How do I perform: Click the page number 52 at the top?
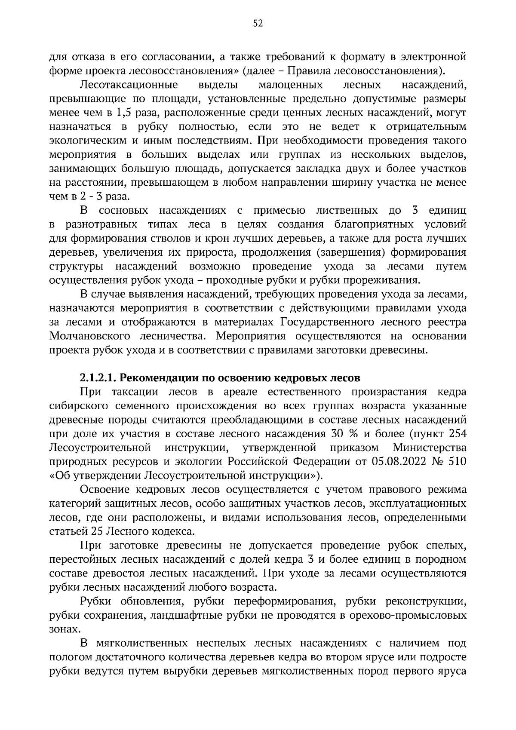pos(258,24)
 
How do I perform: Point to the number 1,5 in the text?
pos(123,113)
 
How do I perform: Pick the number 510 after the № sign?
pos(457,462)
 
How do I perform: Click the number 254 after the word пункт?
pos(457,434)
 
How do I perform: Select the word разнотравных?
pos(101,224)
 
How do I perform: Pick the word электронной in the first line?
pos(433,57)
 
